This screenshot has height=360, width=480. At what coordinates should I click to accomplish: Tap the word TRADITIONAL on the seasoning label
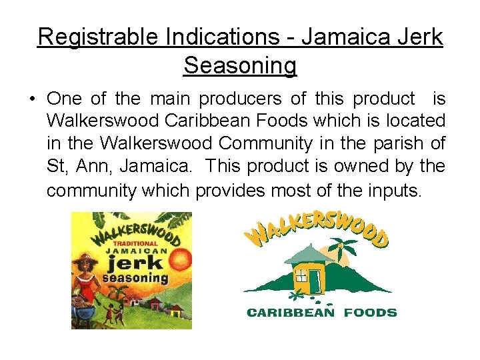coord(136,243)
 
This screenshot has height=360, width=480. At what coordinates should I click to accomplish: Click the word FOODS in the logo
coord(370,312)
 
